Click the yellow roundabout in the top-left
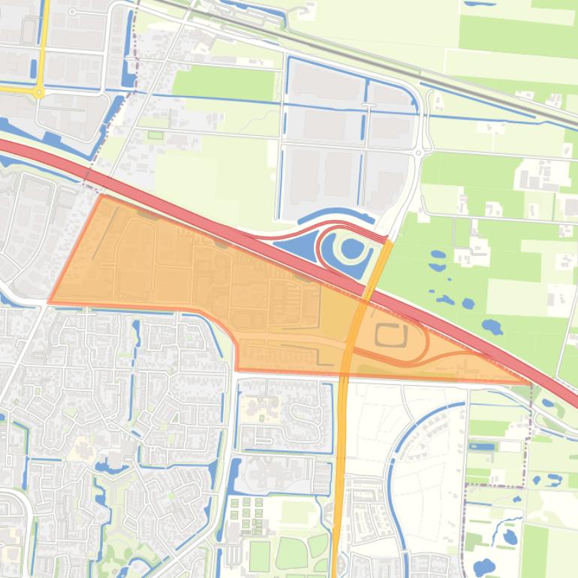coord(38,92)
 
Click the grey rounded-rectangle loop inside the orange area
coord(391,336)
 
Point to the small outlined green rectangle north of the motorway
coord(155,135)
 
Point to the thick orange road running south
coord(339,480)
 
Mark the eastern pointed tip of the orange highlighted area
coord(530,383)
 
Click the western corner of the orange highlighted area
coord(50,303)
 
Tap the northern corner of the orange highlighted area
coord(101,196)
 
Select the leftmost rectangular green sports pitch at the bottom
coord(259,555)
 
